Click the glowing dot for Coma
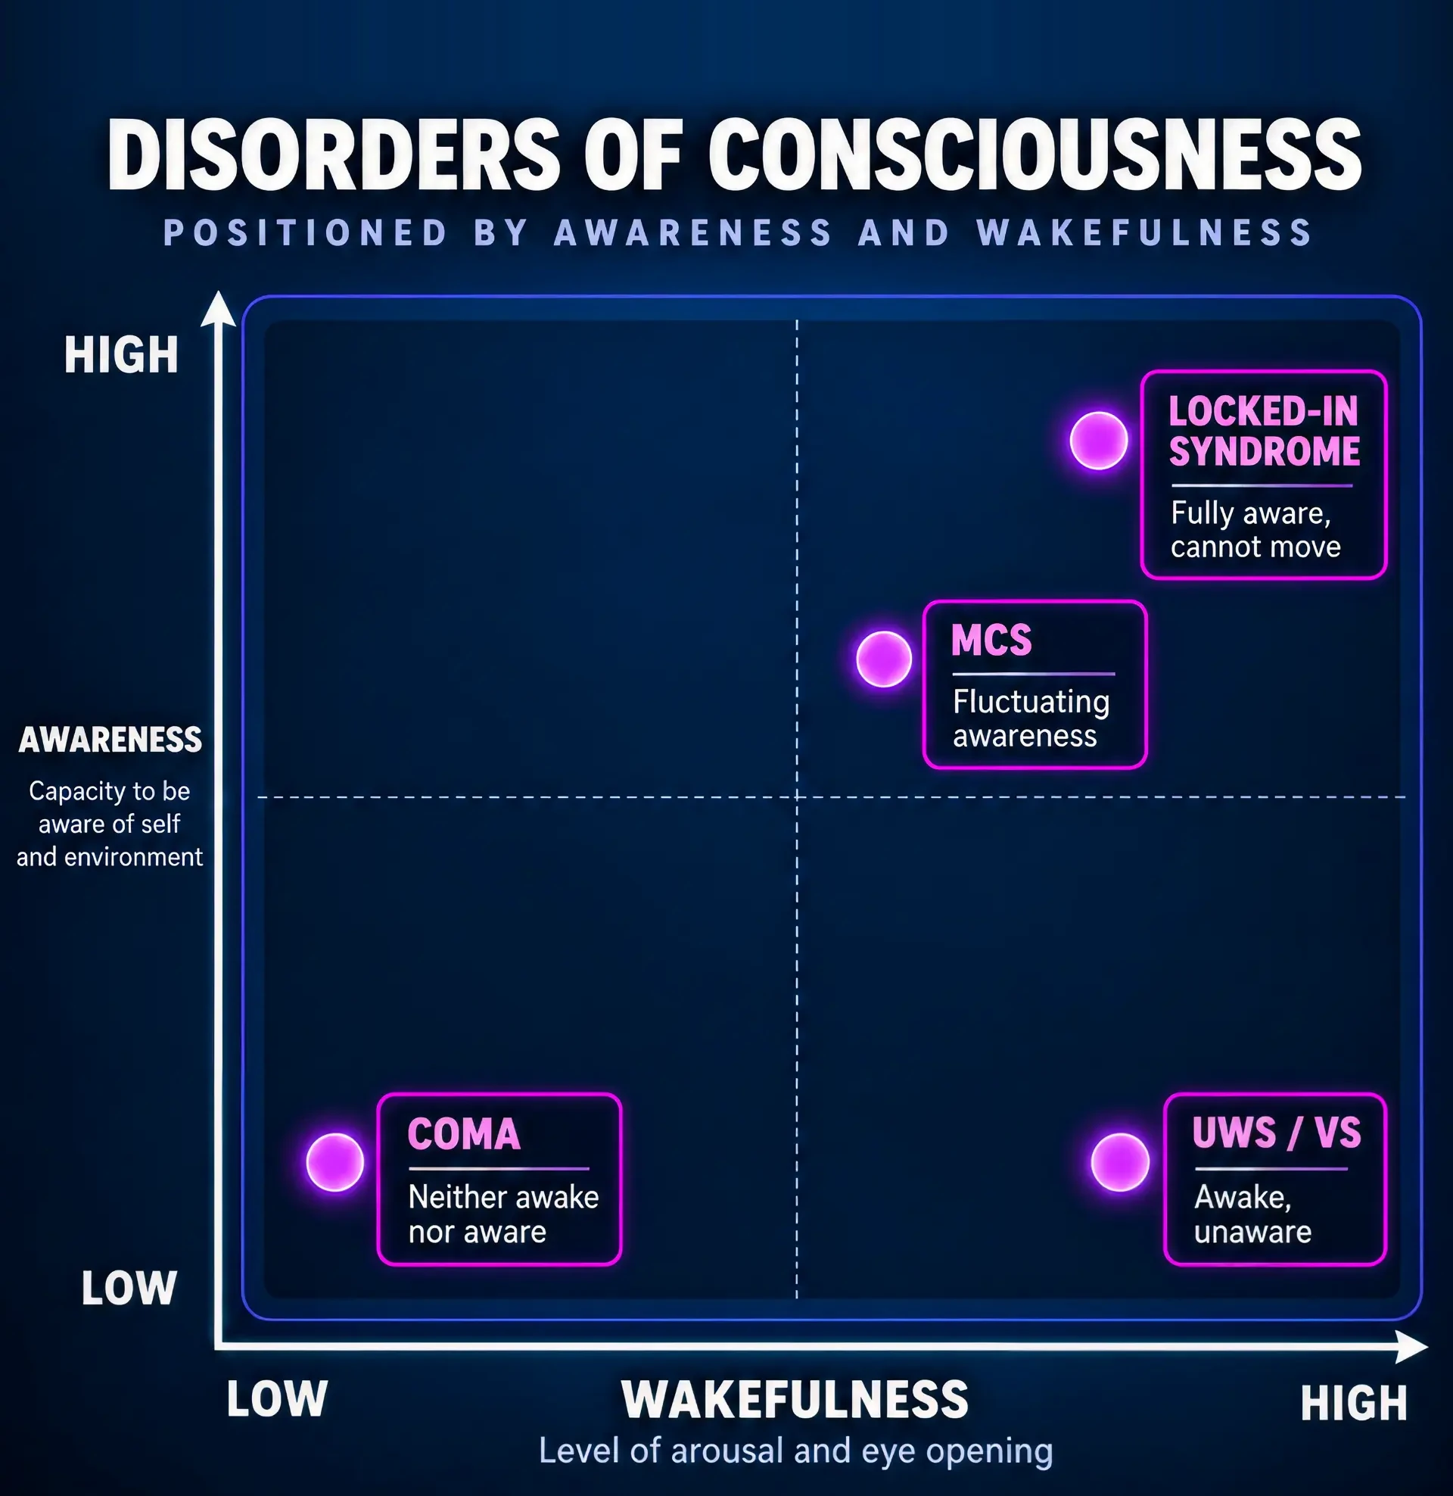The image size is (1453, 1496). (x=334, y=1161)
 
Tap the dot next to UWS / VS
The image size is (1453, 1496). (x=1119, y=1161)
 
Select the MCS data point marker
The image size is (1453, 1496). (x=884, y=659)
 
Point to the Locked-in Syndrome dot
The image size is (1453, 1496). (x=1098, y=441)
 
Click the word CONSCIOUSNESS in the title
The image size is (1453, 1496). (x=1035, y=154)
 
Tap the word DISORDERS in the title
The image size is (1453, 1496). (x=334, y=154)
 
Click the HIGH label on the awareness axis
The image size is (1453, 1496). (x=121, y=355)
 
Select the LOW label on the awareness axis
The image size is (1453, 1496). (x=129, y=1288)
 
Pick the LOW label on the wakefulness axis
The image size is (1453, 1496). (x=277, y=1399)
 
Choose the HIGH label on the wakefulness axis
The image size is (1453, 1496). (x=1354, y=1403)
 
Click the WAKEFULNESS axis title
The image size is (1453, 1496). (x=795, y=1399)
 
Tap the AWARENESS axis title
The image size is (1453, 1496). (x=110, y=740)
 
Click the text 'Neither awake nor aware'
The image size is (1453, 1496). (x=504, y=1214)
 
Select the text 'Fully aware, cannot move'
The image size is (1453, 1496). (x=1255, y=530)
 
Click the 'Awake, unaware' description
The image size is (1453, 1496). (x=1252, y=1214)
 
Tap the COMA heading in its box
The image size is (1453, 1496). (x=464, y=1133)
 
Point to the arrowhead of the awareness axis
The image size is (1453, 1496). (x=218, y=308)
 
